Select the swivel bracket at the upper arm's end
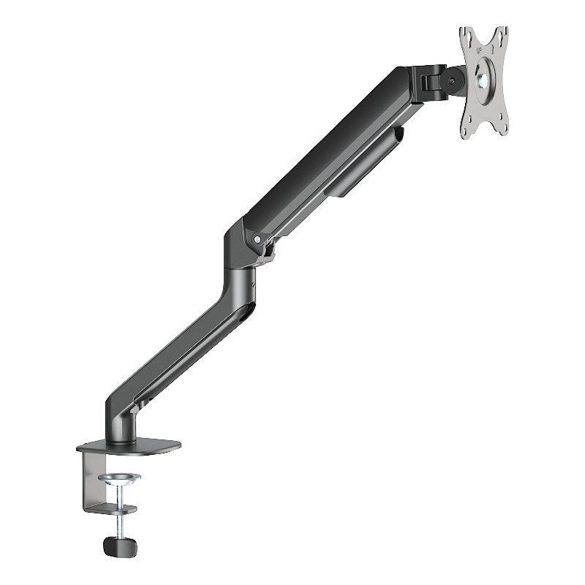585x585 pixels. click(429, 82)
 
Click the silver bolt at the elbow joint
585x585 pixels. click(257, 238)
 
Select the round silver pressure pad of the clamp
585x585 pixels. click(119, 478)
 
